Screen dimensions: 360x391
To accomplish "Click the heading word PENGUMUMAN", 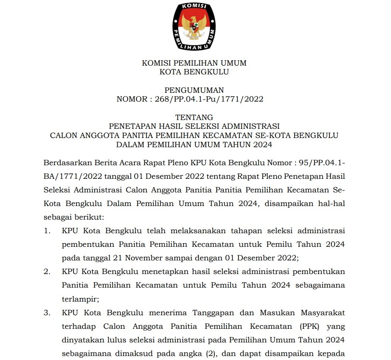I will [194, 90].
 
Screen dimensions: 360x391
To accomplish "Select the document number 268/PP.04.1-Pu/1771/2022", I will [209, 99].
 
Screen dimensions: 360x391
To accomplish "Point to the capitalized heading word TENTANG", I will [194, 117].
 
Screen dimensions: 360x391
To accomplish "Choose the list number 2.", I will [48, 272].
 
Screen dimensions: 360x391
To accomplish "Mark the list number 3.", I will [48, 313].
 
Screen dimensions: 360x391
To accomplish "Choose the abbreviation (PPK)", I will [309, 326].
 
